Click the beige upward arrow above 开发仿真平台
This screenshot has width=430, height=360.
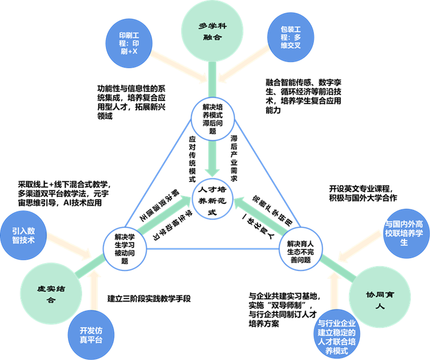[95, 292]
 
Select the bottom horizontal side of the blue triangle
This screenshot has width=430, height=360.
[212, 249]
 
